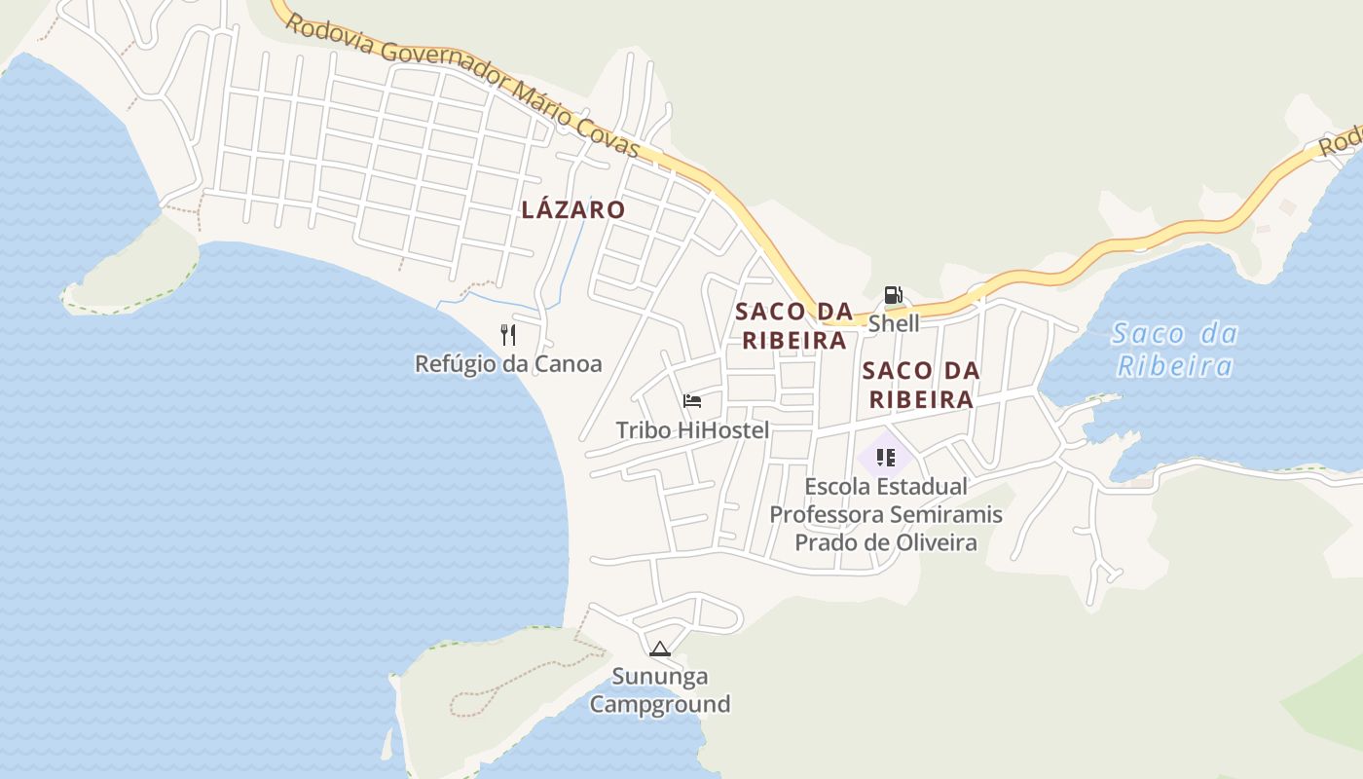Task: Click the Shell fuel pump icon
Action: coord(893,295)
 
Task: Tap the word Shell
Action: coord(894,323)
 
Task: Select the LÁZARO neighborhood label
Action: coord(573,209)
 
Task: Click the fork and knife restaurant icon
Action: coord(507,335)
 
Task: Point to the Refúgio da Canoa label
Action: coord(508,364)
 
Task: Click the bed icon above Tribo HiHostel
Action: coord(692,401)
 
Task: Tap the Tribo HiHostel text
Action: coord(692,429)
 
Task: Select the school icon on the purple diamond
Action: coord(885,457)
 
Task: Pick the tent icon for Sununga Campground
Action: coord(660,649)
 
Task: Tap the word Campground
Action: coord(660,704)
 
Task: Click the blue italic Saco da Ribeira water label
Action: coord(1175,350)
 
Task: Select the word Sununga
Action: coord(660,676)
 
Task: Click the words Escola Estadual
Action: coord(886,486)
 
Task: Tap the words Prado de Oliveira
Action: coord(886,542)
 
